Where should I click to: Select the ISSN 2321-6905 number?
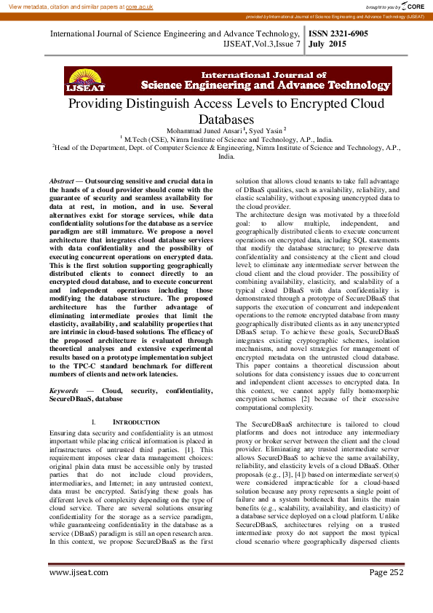click(x=339, y=33)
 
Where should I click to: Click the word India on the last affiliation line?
click(x=227, y=156)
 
